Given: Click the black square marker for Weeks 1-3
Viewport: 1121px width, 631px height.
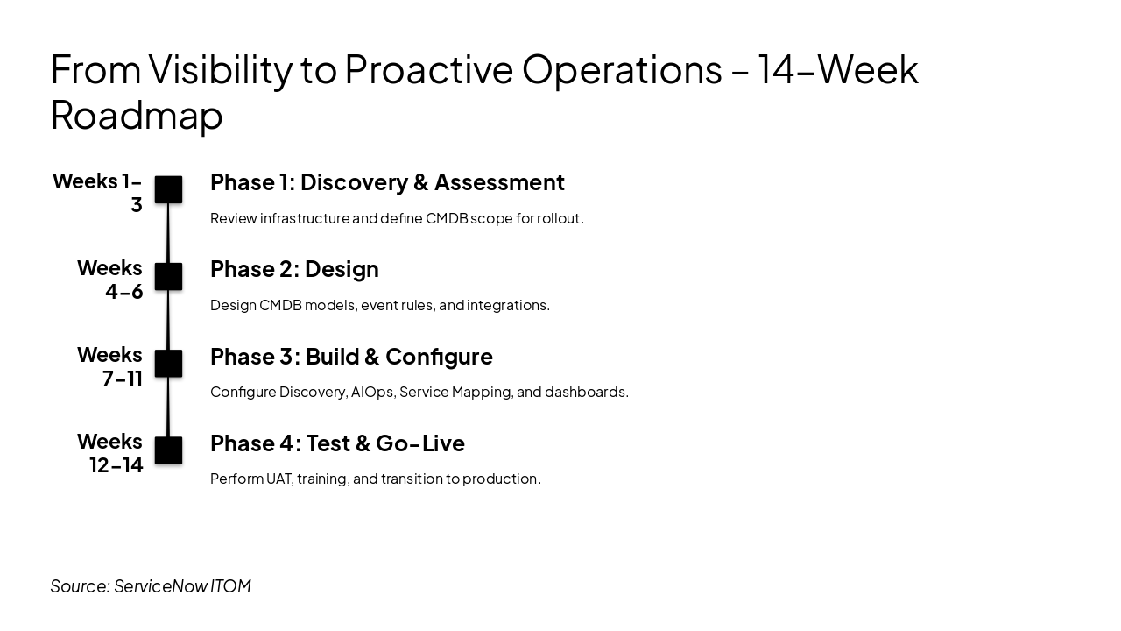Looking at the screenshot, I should coord(168,189).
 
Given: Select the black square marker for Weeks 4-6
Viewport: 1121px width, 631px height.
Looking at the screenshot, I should coord(168,276).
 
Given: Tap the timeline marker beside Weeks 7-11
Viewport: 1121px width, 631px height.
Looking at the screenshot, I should coord(168,363).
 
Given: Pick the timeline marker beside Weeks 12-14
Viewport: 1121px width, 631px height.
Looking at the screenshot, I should coord(168,450).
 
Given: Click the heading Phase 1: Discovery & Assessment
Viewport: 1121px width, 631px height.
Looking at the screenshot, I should coord(387,182).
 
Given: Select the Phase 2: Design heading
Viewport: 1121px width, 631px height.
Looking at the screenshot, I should coord(294,269).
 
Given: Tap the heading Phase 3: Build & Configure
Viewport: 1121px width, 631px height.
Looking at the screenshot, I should coord(351,356).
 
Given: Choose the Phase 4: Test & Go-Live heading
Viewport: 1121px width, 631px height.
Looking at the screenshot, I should coord(337,443).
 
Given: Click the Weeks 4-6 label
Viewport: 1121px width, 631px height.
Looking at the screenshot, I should coord(110,280).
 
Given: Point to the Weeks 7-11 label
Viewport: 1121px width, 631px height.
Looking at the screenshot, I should coord(110,366).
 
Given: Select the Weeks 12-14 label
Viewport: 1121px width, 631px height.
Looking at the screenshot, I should coord(110,453).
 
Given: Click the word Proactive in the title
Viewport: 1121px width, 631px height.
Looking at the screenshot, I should coord(428,70).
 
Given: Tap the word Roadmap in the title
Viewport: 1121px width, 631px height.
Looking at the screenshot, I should coord(137,115).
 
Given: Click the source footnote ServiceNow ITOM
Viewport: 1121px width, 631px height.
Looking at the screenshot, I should coord(151,585).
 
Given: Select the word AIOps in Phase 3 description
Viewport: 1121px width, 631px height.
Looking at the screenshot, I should coord(371,392).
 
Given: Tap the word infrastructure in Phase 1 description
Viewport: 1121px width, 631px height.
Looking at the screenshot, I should coord(305,218).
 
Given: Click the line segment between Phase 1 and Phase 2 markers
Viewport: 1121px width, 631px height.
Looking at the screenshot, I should coord(168,233).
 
